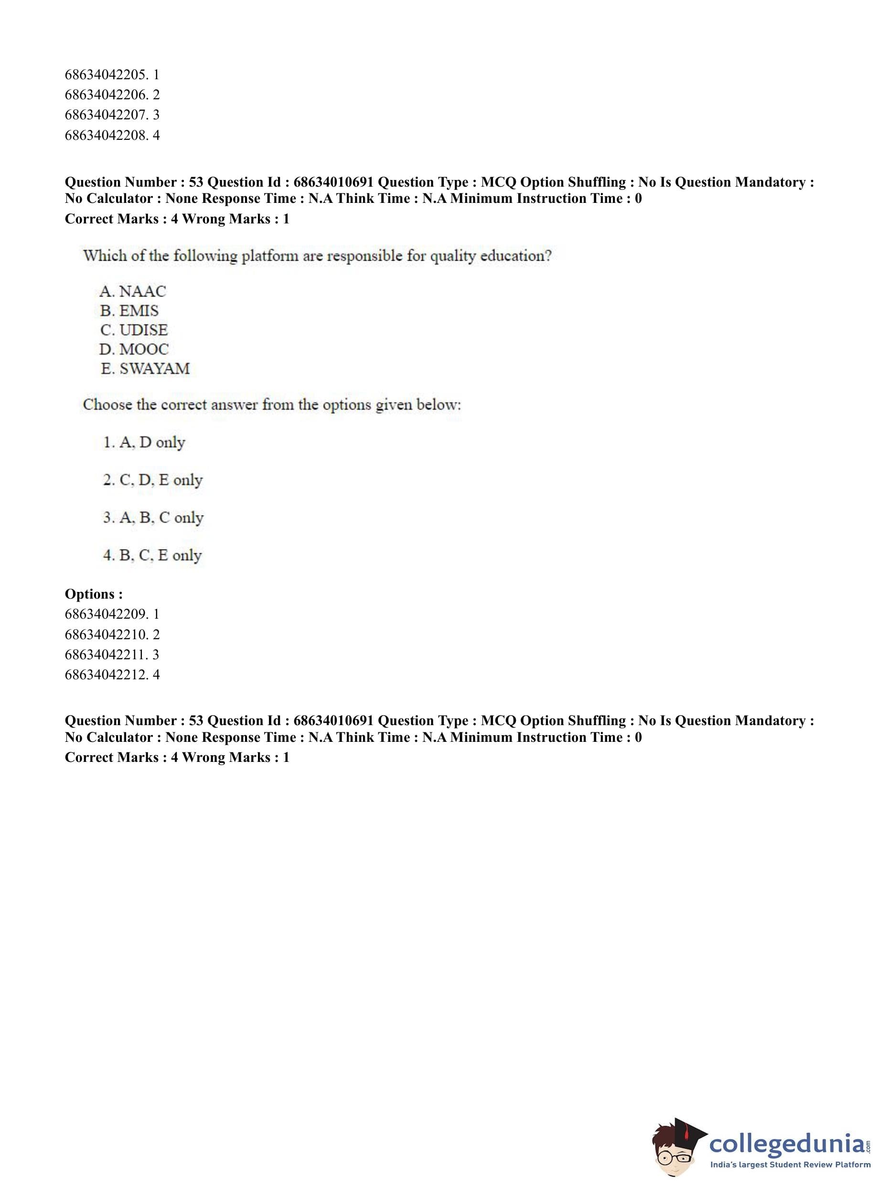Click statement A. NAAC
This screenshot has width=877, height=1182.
click(132, 291)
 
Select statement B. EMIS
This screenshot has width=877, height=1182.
click(129, 310)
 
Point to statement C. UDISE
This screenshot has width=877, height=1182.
click(134, 330)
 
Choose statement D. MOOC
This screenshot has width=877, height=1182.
click(134, 349)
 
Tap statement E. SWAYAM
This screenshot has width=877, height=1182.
click(145, 369)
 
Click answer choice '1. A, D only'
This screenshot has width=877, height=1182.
click(144, 443)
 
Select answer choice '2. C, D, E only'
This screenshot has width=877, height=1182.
click(153, 480)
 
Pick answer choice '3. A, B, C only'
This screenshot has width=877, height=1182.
click(153, 518)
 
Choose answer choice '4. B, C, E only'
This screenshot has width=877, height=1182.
click(152, 556)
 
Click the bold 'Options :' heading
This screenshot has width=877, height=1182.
click(94, 594)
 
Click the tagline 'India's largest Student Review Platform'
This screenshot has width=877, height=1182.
click(790, 1164)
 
